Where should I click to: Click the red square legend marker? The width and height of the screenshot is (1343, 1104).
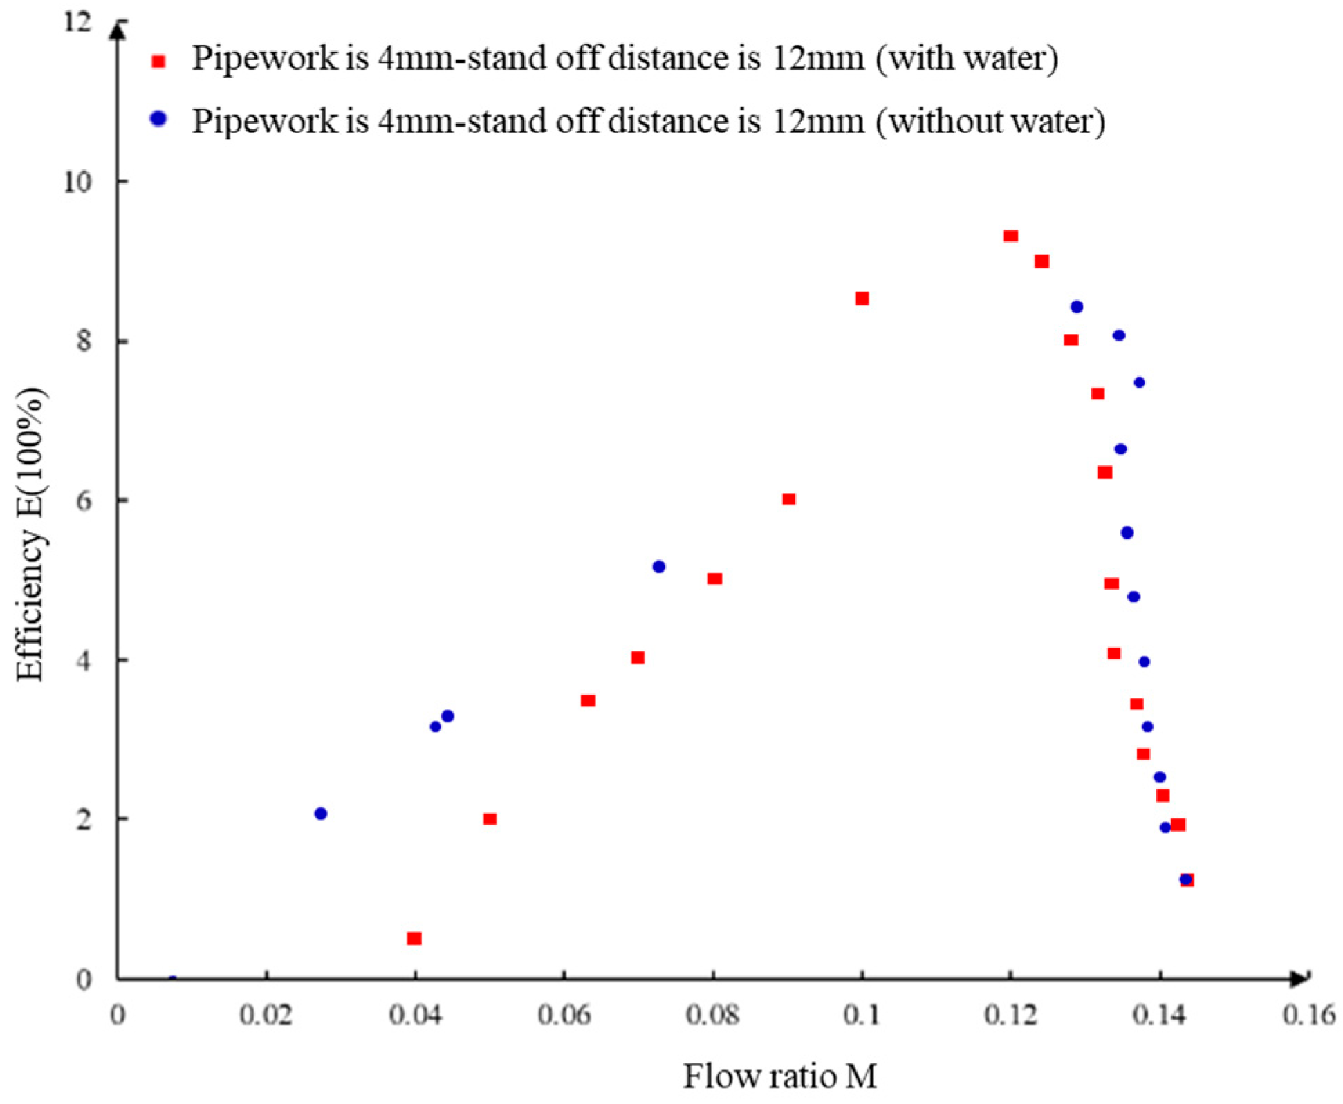click(158, 62)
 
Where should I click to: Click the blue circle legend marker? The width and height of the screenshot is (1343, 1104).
click(158, 119)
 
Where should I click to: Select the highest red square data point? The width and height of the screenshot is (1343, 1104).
click(1010, 236)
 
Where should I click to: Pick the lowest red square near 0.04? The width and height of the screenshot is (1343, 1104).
click(414, 938)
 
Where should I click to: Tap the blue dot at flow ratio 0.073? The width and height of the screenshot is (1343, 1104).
click(658, 567)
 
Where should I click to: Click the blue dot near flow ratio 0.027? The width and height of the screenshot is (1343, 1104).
click(320, 814)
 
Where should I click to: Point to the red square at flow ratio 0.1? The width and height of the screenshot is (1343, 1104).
click(862, 299)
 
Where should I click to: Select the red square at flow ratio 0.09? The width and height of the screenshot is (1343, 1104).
click(788, 499)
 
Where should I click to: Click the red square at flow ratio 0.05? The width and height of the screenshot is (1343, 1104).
click(490, 819)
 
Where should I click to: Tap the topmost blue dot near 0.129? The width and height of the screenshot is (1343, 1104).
click(1076, 307)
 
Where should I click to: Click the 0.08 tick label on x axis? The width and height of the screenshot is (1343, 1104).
click(712, 1016)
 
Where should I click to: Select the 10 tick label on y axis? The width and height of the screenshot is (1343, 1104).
click(77, 183)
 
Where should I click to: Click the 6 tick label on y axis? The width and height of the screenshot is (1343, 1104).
click(84, 501)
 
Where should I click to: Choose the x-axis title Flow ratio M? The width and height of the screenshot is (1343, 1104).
click(779, 1076)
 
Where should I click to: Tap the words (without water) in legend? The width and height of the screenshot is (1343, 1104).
click(990, 121)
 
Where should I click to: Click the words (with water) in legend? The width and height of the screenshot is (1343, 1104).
click(967, 58)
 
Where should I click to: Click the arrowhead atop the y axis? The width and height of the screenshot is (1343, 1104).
click(119, 29)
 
